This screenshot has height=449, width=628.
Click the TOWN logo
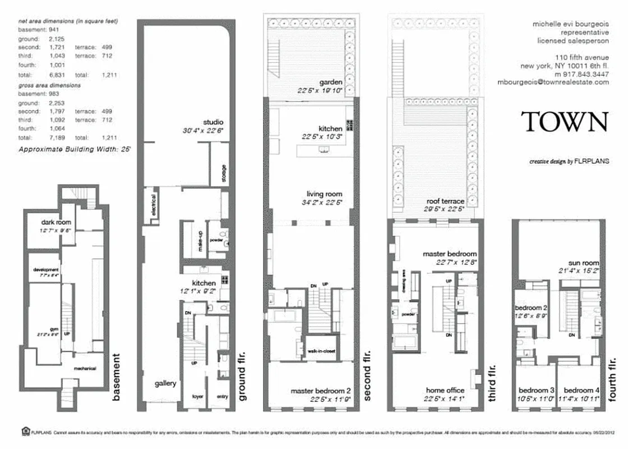click(565, 122)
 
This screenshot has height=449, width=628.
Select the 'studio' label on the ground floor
click(213, 122)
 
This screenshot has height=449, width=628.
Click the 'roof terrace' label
click(445, 201)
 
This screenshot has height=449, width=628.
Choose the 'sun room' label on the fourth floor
click(583, 263)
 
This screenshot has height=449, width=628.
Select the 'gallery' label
click(165, 384)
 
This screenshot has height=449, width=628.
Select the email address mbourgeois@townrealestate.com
click(553, 82)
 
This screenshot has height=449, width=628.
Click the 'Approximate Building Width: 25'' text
click(75, 150)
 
